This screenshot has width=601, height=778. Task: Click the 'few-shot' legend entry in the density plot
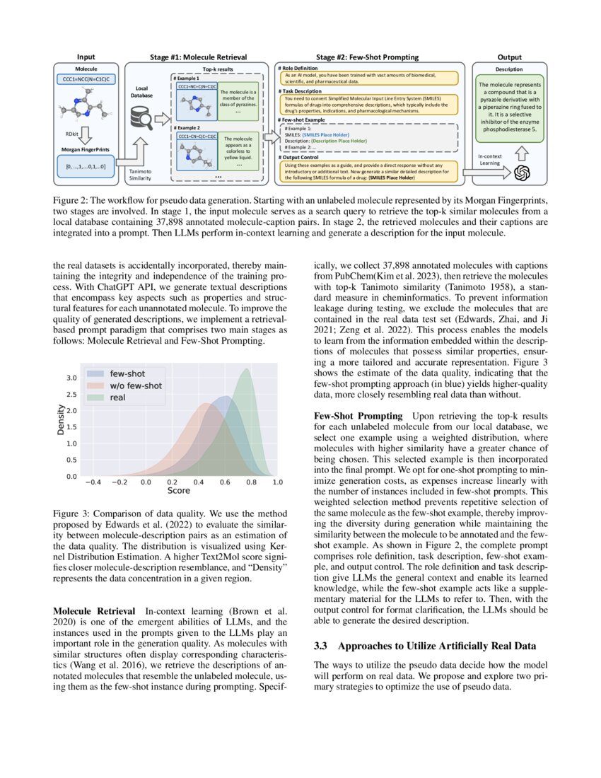point(127,373)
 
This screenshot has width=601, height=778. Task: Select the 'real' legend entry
point(117,398)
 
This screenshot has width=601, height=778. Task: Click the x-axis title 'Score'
point(178,490)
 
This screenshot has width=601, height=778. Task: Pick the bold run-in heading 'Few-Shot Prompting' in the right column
point(357,415)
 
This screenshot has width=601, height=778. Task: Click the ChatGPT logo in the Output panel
point(522,173)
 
